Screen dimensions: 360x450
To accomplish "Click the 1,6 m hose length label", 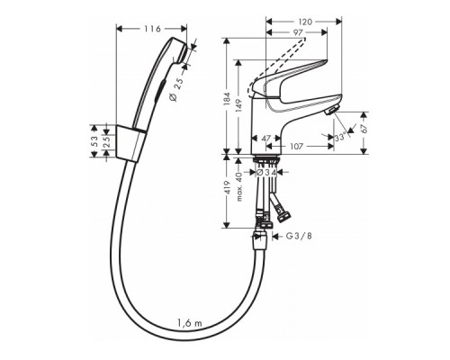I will [x=189, y=321].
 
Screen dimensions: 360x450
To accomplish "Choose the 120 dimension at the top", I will [x=305, y=18].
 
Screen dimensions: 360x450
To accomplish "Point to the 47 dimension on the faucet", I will [x=267, y=139].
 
